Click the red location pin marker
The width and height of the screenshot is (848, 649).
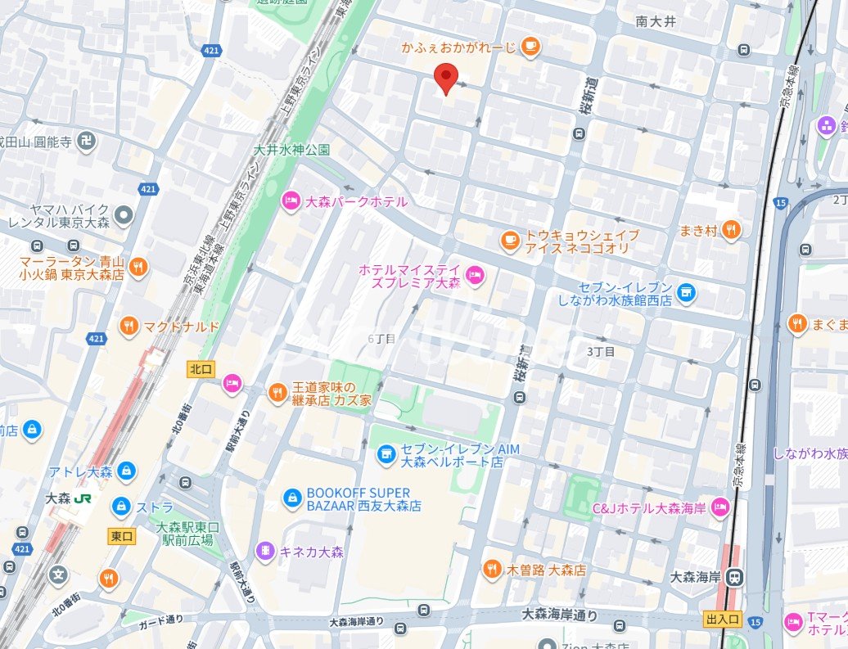(x=445, y=79)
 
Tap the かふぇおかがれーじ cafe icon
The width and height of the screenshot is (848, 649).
(x=530, y=47)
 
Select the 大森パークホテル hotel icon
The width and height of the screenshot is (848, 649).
(x=291, y=201)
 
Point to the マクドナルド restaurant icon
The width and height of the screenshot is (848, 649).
(x=129, y=327)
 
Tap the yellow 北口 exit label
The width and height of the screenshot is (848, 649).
(x=201, y=370)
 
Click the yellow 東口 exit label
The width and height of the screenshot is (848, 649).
(x=121, y=536)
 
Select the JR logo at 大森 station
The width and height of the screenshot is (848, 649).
(x=82, y=498)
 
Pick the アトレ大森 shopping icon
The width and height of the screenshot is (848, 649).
(x=126, y=471)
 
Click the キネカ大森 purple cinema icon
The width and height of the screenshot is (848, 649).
(x=265, y=551)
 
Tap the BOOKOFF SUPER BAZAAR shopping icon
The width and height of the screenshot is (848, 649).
(x=291, y=497)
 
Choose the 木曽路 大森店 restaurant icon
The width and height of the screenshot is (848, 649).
(x=492, y=569)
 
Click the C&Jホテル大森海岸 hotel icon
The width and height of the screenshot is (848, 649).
(x=720, y=507)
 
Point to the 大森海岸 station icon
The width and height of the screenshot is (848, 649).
(x=736, y=576)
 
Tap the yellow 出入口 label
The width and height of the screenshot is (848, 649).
(x=722, y=619)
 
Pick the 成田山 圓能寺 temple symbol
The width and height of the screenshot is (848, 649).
(x=87, y=141)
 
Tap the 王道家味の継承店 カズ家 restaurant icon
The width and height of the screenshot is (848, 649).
(x=278, y=394)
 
